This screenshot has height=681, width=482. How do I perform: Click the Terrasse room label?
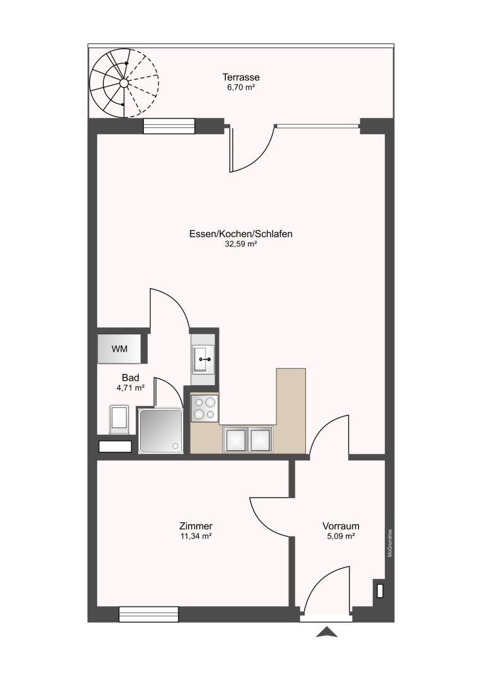point(240,78)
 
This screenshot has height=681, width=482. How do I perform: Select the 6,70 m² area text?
point(240,88)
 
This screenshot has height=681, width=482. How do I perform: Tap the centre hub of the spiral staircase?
point(124,83)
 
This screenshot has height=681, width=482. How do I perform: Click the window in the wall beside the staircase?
point(168,126)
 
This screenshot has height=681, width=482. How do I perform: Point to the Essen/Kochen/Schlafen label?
point(240,234)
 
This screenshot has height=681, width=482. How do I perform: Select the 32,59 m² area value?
point(240,244)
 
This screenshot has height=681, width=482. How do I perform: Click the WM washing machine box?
point(119,349)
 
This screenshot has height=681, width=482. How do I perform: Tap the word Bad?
point(131,378)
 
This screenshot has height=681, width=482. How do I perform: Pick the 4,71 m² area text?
point(131,388)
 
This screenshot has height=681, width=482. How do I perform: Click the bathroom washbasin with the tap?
point(203,359)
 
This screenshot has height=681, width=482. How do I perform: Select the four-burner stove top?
point(204,408)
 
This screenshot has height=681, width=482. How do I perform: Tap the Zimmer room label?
point(196,526)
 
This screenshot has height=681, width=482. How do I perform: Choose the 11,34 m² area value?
point(196,536)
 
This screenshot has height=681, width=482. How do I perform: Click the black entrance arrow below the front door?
point(326,632)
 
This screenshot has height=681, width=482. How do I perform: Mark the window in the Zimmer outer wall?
point(149,614)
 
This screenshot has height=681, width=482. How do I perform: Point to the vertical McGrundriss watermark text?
point(391,542)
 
